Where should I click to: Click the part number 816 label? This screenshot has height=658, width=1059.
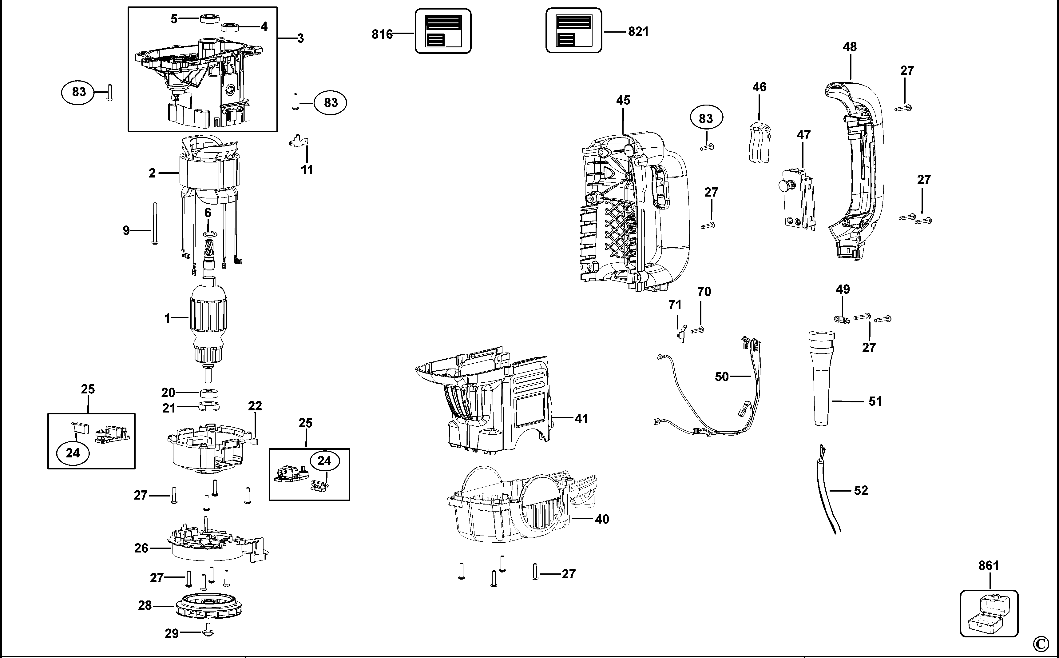(x=382, y=34)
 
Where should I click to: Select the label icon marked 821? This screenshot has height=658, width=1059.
(x=574, y=30)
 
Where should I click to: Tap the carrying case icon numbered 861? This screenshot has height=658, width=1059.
(x=989, y=613)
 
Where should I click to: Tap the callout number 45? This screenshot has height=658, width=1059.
(x=623, y=100)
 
